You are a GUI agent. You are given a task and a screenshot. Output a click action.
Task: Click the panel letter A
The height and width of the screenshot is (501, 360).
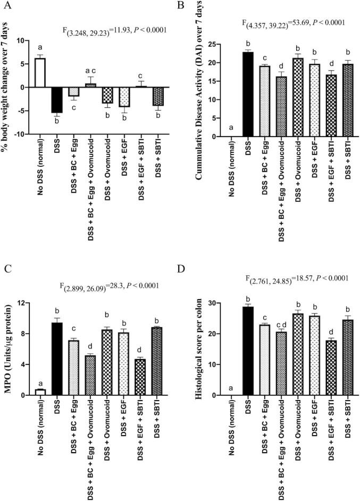click(10, 7)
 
